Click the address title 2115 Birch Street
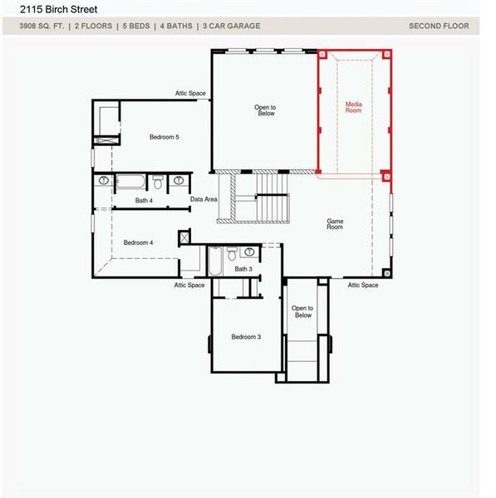(x=58, y=10)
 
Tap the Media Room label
(x=354, y=107)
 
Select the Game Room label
(x=335, y=224)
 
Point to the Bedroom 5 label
(x=164, y=137)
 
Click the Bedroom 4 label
(x=138, y=242)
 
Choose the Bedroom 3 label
(x=246, y=337)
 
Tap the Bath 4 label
(x=144, y=200)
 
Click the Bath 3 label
(x=243, y=269)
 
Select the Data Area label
(x=204, y=199)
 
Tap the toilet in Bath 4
(x=157, y=182)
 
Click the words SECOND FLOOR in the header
(x=439, y=26)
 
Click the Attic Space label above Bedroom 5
(x=189, y=93)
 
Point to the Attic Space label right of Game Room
(x=363, y=286)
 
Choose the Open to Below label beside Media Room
(x=266, y=110)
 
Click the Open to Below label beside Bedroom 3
(x=302, y=312)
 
